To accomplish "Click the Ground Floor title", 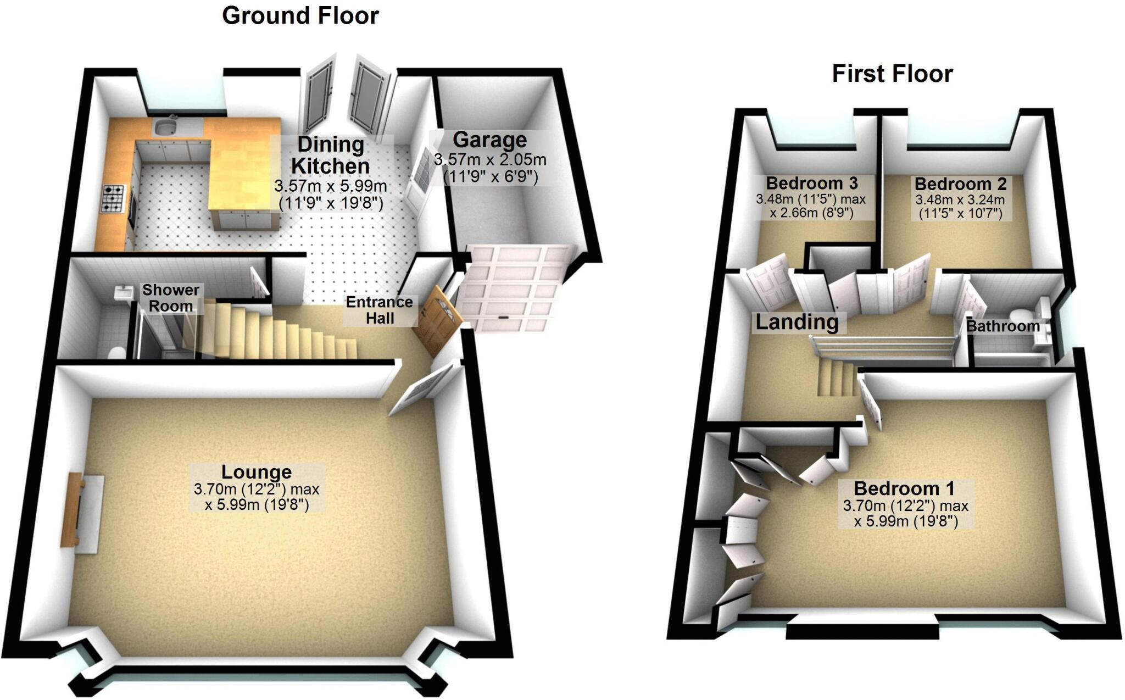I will click(300, 15).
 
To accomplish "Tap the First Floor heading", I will click(892, 74).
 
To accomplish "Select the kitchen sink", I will click(164, 127).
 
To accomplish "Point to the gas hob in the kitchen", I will click(113, 199).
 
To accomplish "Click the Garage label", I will click(489, 140).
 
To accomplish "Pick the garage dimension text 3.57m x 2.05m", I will click(490, 160).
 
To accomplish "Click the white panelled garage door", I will click(511, 288).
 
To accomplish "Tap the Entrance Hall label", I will click(379, 310).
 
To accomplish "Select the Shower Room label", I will click(171, 298).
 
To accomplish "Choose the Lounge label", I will click(257, 472).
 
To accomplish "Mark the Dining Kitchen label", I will click(331, 155).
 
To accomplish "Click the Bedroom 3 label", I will click(812, 182).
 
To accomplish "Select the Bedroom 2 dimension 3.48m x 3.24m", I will click(960, 200).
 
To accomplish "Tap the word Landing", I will click(797, 322).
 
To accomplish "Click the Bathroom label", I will click(1003, 326).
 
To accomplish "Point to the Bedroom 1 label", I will click(904, 488).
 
